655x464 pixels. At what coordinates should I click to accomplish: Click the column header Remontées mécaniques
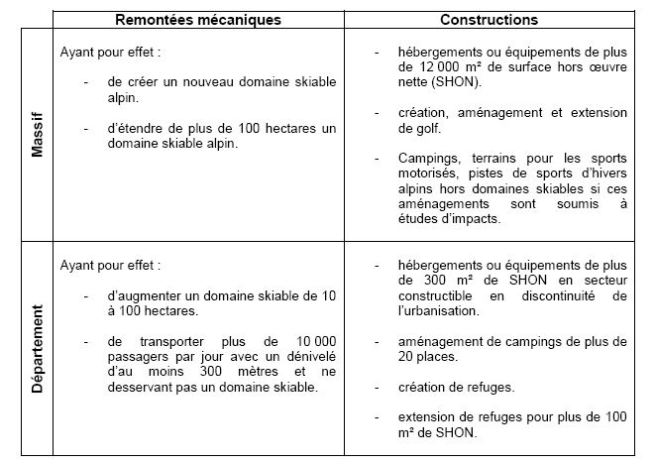(198, 20)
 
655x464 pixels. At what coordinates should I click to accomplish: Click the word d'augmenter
(150, 294)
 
